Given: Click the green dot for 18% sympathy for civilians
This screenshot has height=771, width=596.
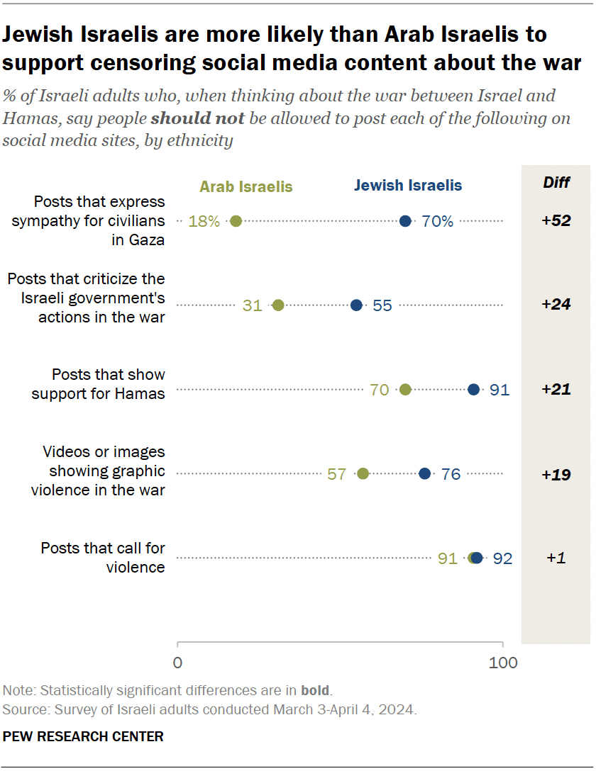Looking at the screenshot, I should click(x=236, y=221).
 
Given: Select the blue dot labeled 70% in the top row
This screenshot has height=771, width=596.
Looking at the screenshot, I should click(x=405, y=221).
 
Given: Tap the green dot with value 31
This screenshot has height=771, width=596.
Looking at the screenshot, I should click(x=278, y=305).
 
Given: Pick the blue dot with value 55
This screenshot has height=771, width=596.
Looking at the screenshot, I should click(x=356, y=305).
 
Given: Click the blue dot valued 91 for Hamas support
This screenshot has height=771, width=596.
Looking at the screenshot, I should click(x=474, y=389).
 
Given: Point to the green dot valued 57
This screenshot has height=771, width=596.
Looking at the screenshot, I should click(x=363, y=473).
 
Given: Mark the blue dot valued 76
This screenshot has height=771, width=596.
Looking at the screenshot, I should click(x=424, y=473).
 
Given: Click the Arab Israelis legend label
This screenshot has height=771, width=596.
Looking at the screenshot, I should click(x=245, y=187).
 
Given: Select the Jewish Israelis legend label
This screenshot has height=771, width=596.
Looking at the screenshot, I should click(x=408, y=186).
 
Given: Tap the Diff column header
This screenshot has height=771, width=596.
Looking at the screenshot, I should click(x=556, y=183).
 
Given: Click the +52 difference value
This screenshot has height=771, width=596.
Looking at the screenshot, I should click(x=556, y=221).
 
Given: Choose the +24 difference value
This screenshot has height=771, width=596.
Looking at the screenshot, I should click(x=556, y=305).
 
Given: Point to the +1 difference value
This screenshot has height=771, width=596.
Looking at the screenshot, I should click(x=556, y=558).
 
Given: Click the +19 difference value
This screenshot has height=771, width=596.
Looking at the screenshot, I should click(x=556, y=474).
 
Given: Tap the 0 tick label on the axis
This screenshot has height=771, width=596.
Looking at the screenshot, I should click(x=177, y=664).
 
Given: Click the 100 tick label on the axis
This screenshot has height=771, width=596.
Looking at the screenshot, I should click(x=503, y=664).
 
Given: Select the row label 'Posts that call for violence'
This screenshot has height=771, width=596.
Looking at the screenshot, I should click(x=103, y=557).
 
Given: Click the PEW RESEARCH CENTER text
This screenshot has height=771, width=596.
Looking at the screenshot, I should click(x=83, y=736).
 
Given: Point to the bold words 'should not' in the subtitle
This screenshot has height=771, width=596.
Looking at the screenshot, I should click(x=198, y=118).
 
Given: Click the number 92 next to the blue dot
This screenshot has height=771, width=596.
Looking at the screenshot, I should click(x=502, y=558).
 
